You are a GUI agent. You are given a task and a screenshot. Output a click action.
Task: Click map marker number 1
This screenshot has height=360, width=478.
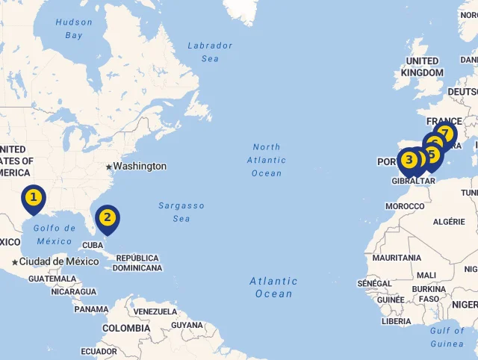(x=34, y=198)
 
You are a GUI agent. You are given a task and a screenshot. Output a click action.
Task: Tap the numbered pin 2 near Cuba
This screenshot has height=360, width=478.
(x=108, y=218)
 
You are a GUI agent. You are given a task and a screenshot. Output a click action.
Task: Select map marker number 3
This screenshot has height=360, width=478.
(x=408, y=160)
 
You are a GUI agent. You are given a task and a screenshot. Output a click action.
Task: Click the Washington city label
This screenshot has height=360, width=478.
(x=140, y=167)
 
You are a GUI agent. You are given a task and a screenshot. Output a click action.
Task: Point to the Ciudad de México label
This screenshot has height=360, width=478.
(x=59, y=261)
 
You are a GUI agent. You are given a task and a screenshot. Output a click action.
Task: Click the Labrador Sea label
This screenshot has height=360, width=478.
(x=210, y=52)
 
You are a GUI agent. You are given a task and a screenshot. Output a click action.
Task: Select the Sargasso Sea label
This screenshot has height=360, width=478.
(x=181, y=211)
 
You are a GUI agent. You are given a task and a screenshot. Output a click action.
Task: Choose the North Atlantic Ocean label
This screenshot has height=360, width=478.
(x=267, y=160)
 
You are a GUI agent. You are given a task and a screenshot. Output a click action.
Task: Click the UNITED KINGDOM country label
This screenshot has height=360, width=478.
(x=422, y=66)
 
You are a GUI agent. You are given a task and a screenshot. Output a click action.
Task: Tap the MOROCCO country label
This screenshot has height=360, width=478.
(x=405, y=206)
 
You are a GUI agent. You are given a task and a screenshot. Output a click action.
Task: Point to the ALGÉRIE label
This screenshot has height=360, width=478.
(x=449, y=221)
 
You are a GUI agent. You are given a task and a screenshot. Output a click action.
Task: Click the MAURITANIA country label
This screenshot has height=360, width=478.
(x=397, y=258)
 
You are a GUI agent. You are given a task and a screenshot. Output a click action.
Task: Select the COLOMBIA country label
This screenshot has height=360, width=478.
(x=126, y=328)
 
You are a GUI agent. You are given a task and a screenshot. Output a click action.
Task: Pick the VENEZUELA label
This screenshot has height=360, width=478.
(x=155, y=311)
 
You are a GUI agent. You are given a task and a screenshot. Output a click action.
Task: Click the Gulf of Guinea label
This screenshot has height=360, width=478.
(x=447, y=337)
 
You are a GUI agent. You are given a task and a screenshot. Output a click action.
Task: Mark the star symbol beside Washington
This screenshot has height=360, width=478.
(x=108, y=167)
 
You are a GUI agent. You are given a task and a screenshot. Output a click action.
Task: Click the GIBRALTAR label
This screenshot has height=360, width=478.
(x=413, y=181)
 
